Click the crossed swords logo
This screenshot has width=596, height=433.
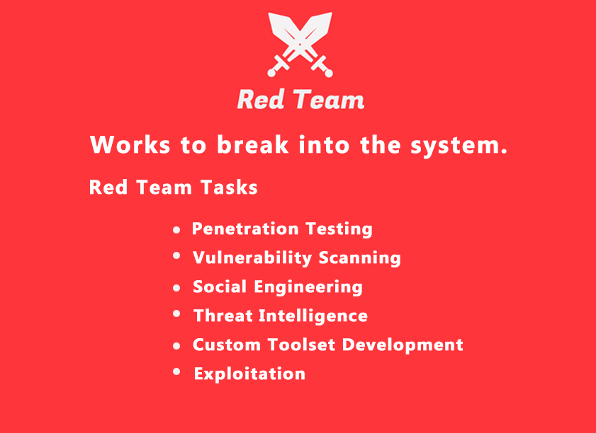(300, 45)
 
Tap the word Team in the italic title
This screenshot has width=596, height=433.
(329, 100)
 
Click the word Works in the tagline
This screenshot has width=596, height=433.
(130, 144)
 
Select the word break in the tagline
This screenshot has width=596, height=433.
(253, 144)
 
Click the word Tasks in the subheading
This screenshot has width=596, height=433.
(229, 187)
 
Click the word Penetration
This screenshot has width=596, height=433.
(245, 229)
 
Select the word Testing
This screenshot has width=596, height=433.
(339, 229)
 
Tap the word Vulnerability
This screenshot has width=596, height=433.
(252, 258)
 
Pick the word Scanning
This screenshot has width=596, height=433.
(359, 258)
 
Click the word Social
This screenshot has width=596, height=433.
(220, 287)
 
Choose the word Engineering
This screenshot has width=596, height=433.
(308, 287)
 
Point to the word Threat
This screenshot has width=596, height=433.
(223, 316)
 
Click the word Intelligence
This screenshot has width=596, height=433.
(313, 316)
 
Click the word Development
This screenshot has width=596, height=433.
(403, 345)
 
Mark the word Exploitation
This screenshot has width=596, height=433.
(249, 374)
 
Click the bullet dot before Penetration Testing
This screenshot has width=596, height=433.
(176, 230)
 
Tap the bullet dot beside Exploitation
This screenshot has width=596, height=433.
(176, 371)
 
